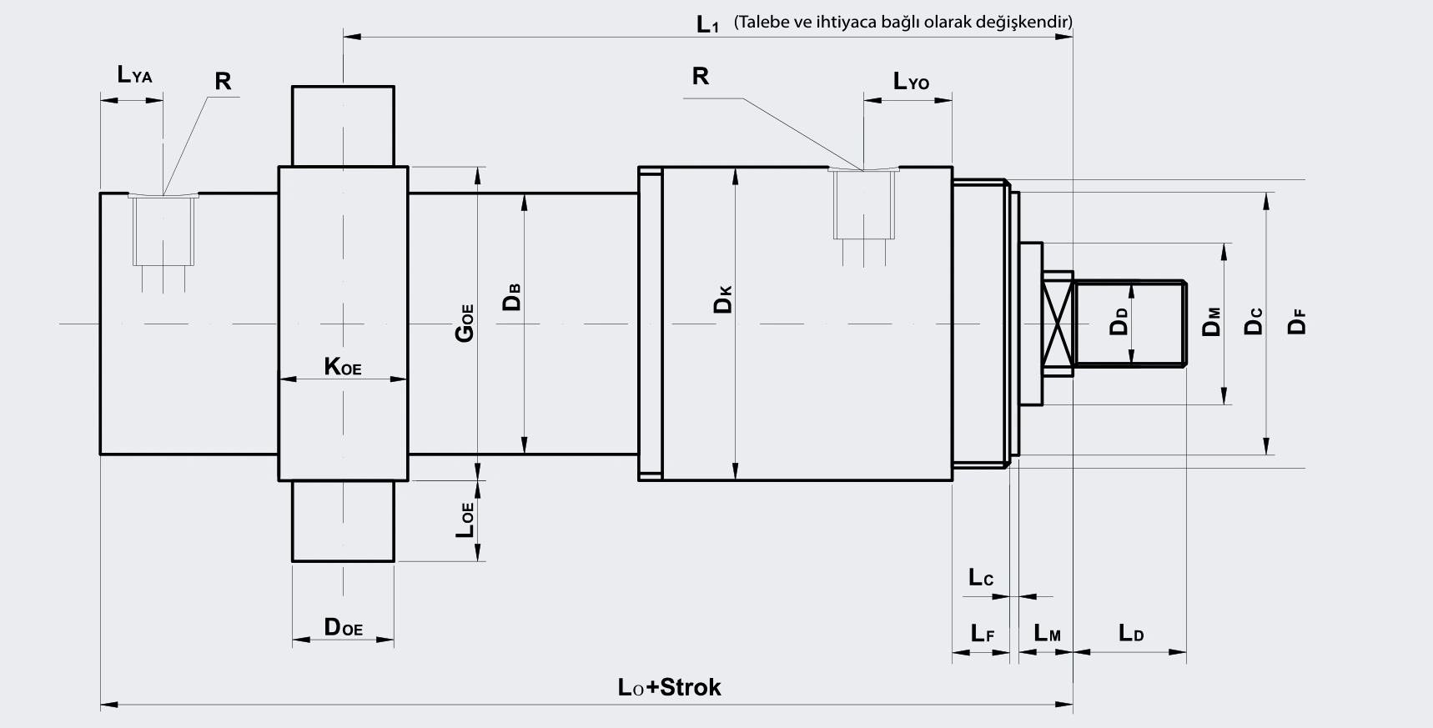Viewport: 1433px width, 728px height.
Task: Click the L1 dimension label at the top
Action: click(x=707, y=24)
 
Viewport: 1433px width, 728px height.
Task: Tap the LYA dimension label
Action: click(x=135, y=75)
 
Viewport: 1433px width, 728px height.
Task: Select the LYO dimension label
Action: click(x=911, y=81)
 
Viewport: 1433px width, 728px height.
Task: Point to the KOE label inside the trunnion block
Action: click(x=343, y=366)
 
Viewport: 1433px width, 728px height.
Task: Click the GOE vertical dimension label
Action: click(x=464, y=323)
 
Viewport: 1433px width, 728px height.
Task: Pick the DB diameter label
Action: click(x=512, y=298)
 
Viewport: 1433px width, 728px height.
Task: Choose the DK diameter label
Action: click(x=722, y=299)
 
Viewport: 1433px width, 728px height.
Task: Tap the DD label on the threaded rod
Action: click(x=1119, y=321)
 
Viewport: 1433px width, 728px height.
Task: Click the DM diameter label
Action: click(x=1211, y=322)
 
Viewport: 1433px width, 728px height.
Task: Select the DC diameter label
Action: click(x=1254, y=322)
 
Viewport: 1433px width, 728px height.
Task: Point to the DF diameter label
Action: click(x=1296, y=322)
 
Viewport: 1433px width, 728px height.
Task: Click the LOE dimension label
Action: click(x=465, y=520)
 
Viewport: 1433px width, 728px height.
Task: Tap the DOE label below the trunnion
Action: click(x=344, y=627)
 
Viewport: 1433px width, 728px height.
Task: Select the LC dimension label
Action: click(x=981, y=577)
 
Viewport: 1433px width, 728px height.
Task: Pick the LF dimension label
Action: click(x=983, y=633)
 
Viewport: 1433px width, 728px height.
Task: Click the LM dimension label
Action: click(x=1048, y=633)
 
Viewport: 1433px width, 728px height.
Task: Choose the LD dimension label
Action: click(x=1131, y=633)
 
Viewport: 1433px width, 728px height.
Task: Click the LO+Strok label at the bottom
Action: click(x=670, y=687)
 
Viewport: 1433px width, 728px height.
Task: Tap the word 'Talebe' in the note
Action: click(x=762, y=22)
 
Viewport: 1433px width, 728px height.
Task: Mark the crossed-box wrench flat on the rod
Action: click(x=1058, y=324)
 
